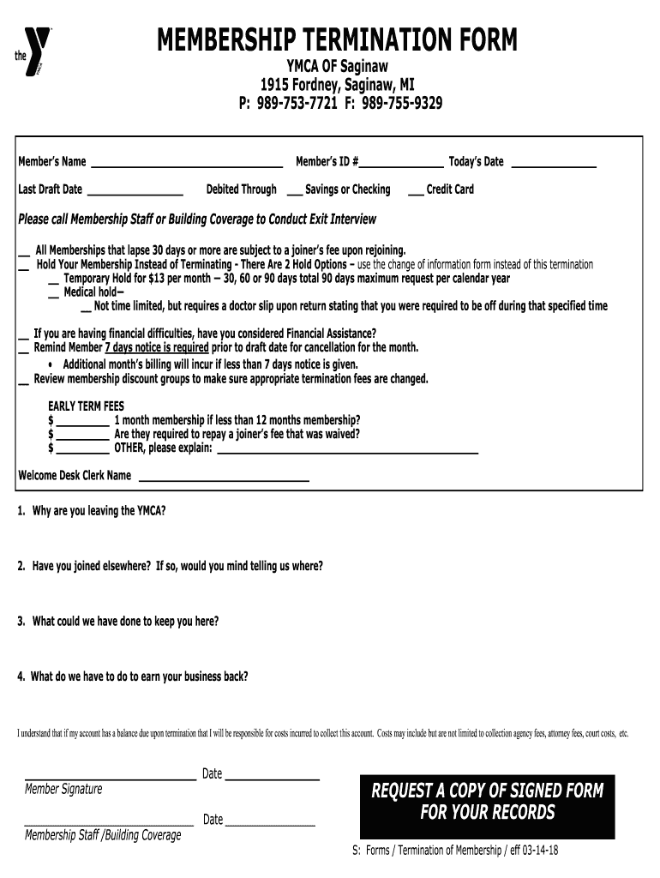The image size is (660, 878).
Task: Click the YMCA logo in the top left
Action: tap(36, 54)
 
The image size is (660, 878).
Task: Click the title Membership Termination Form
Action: tap(338, 39)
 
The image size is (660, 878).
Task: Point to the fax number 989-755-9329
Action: tap(402, 104)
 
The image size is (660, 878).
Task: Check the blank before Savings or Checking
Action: tap(293, 190)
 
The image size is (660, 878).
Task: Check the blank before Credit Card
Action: tap(415, 190)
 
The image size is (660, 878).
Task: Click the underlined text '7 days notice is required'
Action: tap(156, 347)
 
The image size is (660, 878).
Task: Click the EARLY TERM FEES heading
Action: tap(86, 406)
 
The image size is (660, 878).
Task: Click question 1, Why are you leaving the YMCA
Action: tap(91, 511)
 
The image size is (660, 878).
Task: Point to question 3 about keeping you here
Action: tap(117, 622)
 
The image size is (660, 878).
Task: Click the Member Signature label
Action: tap(63, 789)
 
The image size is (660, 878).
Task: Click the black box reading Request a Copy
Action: tap(487, 802)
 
